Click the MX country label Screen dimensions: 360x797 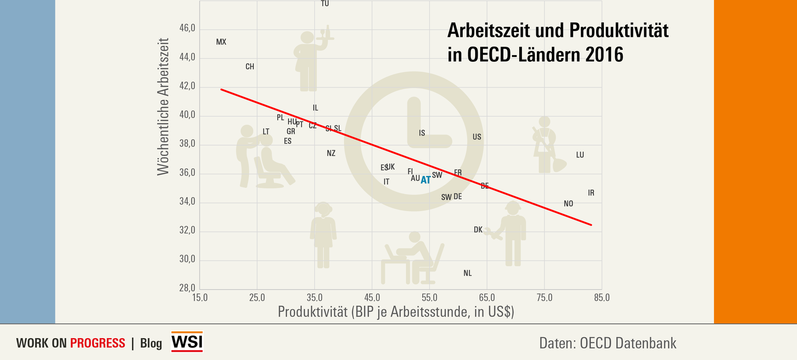point(221,42)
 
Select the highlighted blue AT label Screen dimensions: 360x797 point(426,180)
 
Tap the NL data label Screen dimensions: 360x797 point(467,273)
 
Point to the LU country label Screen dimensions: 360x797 point(580,155)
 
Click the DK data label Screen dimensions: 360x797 point(478,230)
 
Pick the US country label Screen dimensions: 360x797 point(477,137)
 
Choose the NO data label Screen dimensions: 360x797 point(569,204)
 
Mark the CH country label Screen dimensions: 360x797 point(250,66)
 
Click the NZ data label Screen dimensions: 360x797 point(331,153)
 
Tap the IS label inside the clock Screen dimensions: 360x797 point(422,133)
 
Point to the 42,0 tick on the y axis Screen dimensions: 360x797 point(187,86)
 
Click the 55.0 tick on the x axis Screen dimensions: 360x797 point(429,298)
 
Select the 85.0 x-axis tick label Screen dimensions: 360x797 point(602,298)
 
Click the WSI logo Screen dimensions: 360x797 point(187,342)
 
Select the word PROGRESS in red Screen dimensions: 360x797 point(98,343)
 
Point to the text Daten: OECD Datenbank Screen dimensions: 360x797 point(607,343)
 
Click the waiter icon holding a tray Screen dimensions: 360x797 point(310,60)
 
